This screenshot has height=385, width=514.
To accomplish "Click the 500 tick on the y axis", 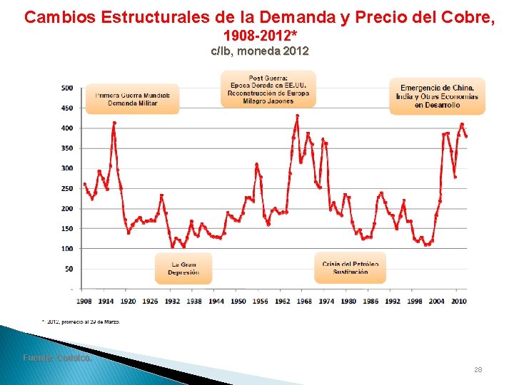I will point(66,88).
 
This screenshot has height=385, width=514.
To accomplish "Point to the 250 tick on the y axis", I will point(66,188).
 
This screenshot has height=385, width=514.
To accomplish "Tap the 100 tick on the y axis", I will point(66,249).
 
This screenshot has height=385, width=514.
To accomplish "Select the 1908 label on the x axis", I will point(84,302).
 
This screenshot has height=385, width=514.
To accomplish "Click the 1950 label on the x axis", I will point(238,302).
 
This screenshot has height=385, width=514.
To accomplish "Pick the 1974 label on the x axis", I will point(326,302).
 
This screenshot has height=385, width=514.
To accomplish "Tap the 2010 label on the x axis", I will point(458,302).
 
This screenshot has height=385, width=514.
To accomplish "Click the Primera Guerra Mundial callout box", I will point(132,98).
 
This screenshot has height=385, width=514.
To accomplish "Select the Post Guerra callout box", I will point(268,89).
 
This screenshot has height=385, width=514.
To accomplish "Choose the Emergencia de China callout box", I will point(436,96).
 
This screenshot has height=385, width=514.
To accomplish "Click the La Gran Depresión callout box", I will point(183,268).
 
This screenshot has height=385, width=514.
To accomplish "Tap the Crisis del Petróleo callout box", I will point(350,267).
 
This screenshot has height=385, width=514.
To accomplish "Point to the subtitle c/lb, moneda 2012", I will point(260,51).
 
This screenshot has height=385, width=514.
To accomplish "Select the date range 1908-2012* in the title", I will point(260,35).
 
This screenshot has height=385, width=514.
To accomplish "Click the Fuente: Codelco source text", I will point(57,358).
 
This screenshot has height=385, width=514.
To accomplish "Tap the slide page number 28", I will point(478,369).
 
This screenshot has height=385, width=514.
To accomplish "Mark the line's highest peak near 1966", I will point(298,115).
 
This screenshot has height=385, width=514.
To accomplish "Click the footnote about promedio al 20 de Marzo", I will point(81,322).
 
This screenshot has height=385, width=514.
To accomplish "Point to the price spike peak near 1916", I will point(114,123).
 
